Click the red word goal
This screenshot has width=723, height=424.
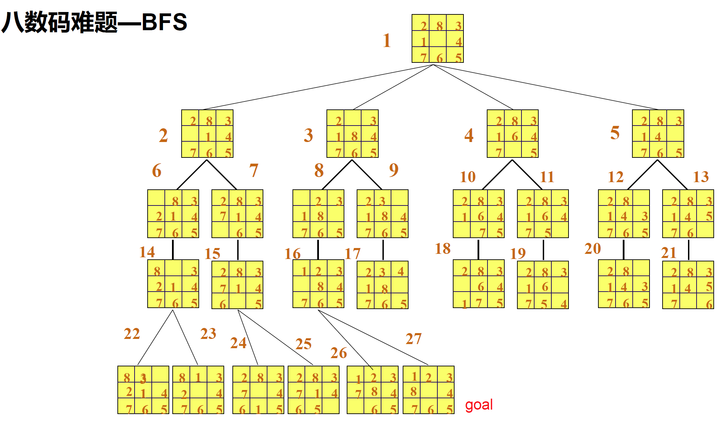point(479,405)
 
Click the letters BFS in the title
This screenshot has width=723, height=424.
point(164,22)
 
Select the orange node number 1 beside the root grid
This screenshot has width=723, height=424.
point(387,40)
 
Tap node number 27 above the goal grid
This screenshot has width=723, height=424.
point(413,339)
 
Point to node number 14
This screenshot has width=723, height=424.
point(147,252)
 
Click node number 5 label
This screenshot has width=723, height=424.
point(615,133)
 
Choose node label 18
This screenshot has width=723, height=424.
point(443,249)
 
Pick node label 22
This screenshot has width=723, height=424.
point(132,334)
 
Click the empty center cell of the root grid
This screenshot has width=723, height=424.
point(438,38)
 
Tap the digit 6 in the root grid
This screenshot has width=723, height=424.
point(439,58)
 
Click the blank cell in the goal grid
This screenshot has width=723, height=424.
point(428,390)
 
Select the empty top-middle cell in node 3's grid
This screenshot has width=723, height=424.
point(353,117)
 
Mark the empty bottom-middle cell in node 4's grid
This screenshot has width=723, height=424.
point(513,150)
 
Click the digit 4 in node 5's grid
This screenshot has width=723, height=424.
point(658,137)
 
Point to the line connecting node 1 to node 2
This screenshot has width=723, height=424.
point(318,87)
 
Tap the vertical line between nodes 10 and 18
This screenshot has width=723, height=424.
point(479,249)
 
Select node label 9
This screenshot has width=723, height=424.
point(394,170)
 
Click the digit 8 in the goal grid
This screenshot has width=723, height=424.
point(413,391)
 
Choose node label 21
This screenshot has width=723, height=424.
point(668,253)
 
